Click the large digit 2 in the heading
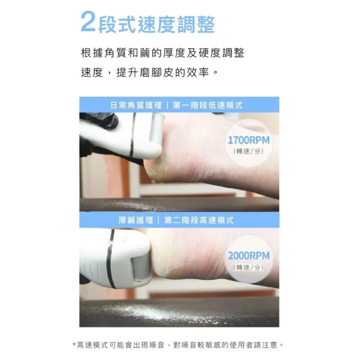(x=89, y=22)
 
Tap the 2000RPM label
(x=249, y=256)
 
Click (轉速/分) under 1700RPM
(x=249, y=152)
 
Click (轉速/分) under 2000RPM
(x=249, y=267)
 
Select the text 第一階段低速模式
(x=208, y=105)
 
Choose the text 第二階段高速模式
(x=199, y=220)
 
